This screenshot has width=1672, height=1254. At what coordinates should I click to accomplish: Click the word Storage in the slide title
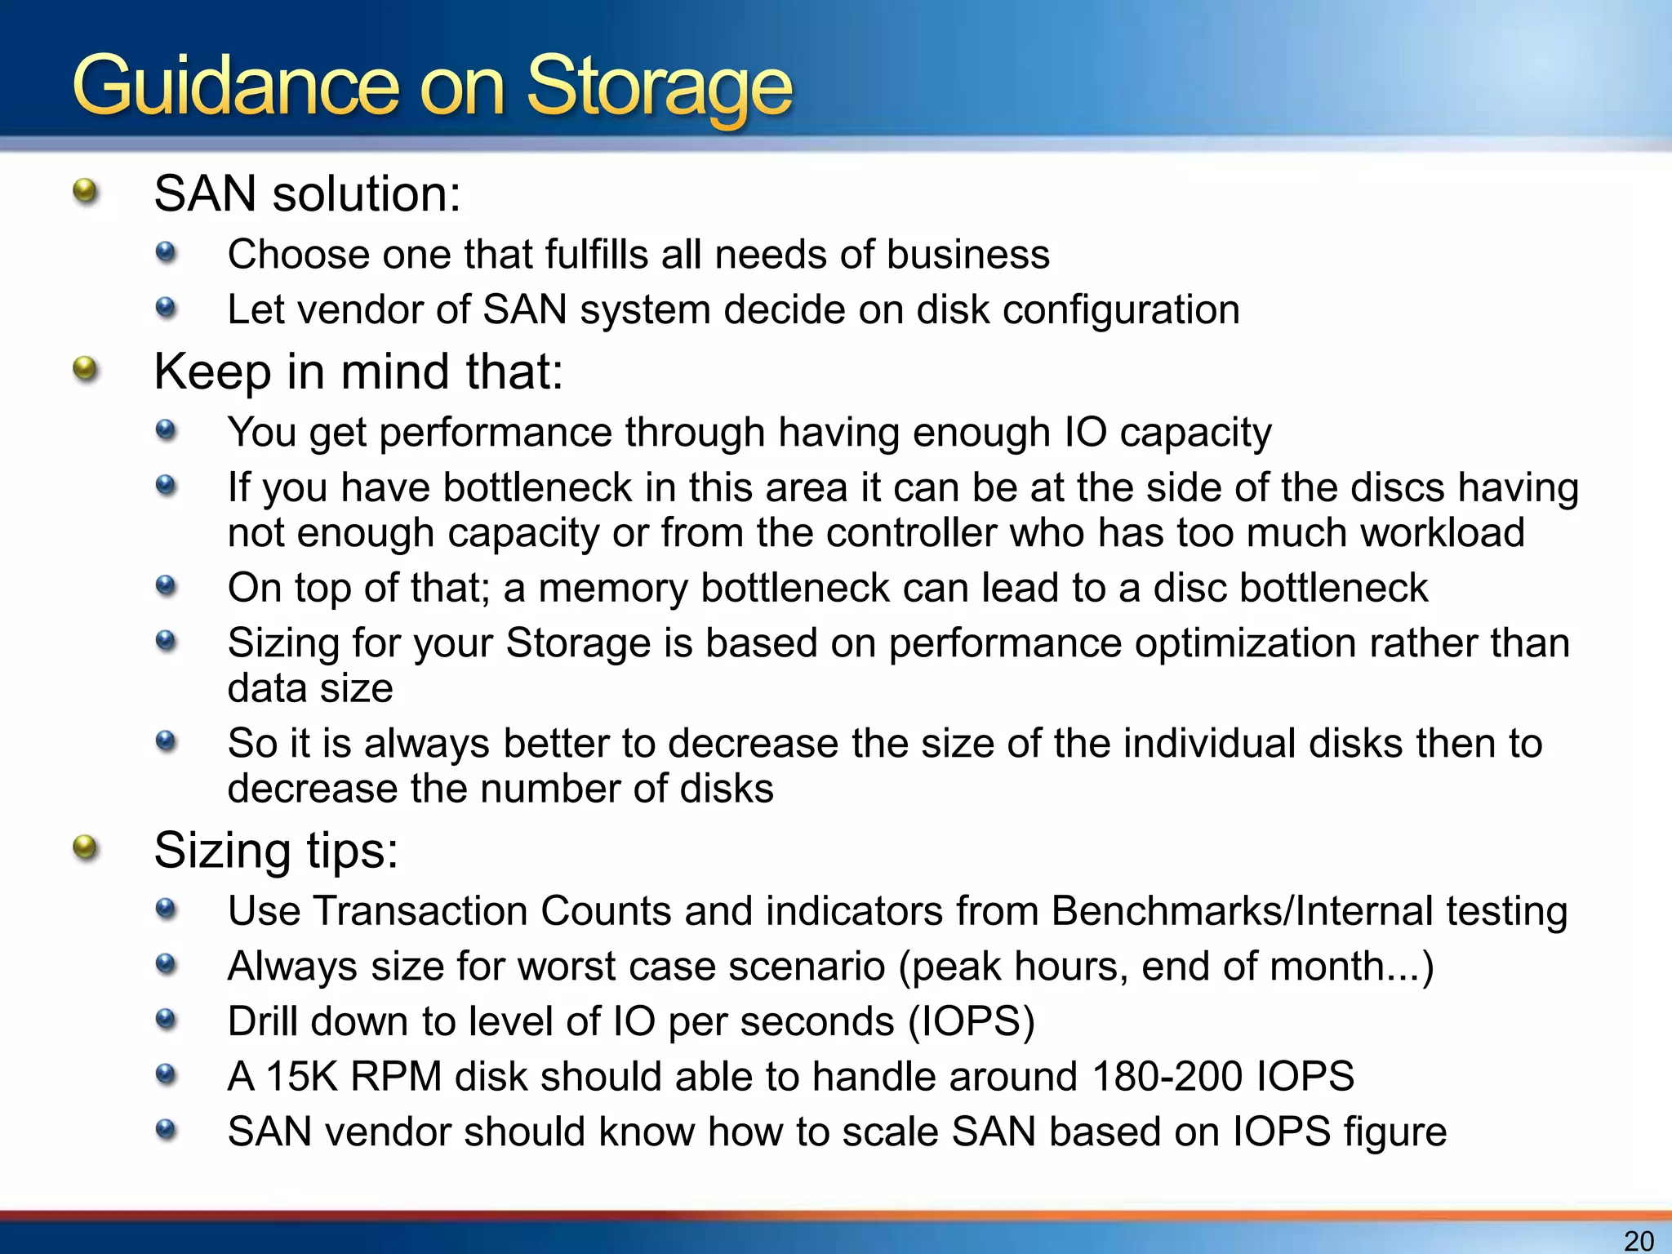(x=659, y=88)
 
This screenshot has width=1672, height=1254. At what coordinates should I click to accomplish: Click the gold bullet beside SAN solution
(x=85, y=193)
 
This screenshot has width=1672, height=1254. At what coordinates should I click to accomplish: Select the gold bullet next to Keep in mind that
(x=85, y=370)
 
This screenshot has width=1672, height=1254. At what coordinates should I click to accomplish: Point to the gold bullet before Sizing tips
(x=85, y=848)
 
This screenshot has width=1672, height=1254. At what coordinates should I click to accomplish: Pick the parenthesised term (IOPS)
(x=972, y=1021)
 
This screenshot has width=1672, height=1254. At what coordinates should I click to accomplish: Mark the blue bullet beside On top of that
(x=166, y=585)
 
